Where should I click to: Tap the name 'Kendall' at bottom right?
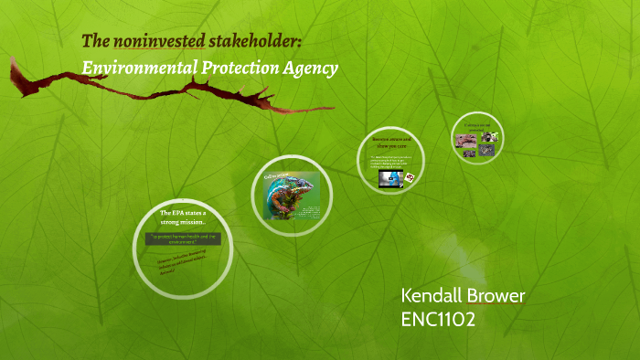click(x=433, y=297)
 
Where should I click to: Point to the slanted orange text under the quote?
click(x=183, y=265)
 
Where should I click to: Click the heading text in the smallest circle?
click(x=476, y=125)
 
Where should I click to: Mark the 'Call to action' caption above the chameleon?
click(x=277, y=174)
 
